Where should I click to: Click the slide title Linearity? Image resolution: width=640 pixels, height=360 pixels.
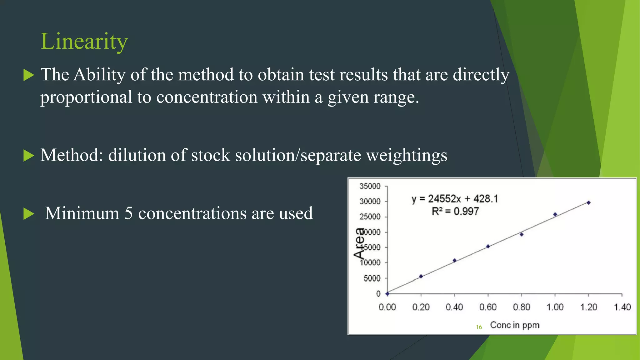click(x=84, y=41)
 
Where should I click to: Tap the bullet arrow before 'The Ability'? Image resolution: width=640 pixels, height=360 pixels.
click(x=28, y=75)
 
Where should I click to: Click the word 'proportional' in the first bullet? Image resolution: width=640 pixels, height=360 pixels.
click(x=86, y=97)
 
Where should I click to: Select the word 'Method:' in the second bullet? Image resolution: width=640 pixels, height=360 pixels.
click(x=72, y=155)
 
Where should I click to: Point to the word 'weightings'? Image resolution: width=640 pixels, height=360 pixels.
click(x=407, y=155)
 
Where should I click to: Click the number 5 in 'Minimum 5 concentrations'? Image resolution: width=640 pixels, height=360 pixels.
click(x=128, y=213)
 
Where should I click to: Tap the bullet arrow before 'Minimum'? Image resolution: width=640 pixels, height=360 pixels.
click(x=28, y=214)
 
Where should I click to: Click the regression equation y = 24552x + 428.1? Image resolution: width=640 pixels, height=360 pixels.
click(x=455, y=199)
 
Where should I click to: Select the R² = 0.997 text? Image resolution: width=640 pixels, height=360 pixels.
click(x=455, y=212)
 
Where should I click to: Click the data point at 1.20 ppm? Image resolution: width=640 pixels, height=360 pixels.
click(x=588, y=203)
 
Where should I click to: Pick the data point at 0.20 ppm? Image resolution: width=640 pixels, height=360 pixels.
click(x=421, y=276)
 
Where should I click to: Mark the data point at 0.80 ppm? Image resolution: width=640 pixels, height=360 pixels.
click(x=522, y=234)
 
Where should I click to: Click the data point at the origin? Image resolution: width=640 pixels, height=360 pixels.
click(x=387, y=294)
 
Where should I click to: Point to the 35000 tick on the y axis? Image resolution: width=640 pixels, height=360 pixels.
click(x=370, y=186)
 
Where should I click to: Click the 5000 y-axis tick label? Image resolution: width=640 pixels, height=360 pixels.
click(x=372, y=278)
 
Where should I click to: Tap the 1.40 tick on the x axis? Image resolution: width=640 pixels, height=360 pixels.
click(x=622, y=307)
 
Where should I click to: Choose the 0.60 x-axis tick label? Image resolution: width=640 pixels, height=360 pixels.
click(x=488, y=307)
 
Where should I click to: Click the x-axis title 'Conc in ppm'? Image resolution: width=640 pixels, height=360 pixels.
click(x=515, y=325)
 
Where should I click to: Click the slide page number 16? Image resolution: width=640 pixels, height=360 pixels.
click(x=479, y=327)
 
